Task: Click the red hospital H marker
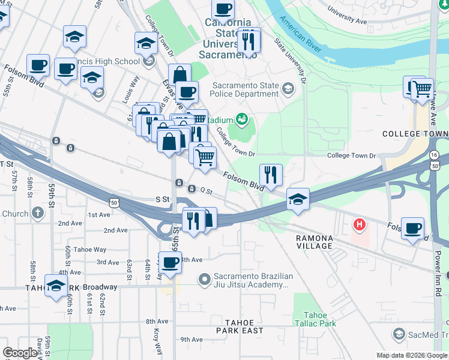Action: click(x=360, y=225)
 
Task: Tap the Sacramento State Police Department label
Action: click(x=245, y=90)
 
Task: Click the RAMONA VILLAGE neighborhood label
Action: click(x=314, y=242)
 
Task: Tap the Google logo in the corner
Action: click(x=20, y=353)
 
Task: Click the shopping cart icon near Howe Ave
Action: click(x=423, y=89)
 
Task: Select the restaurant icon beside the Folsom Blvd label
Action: click(x=271, y=175)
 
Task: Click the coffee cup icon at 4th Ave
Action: click(x=170, y=262)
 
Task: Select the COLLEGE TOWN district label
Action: click(x=415, y=133)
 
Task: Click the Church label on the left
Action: click(x=15, y=214)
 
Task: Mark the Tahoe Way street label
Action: click(x=90, y=250)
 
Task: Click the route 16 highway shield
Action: click(x=434, y=155)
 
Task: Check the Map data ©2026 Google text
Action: click(x=412, y=355)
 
